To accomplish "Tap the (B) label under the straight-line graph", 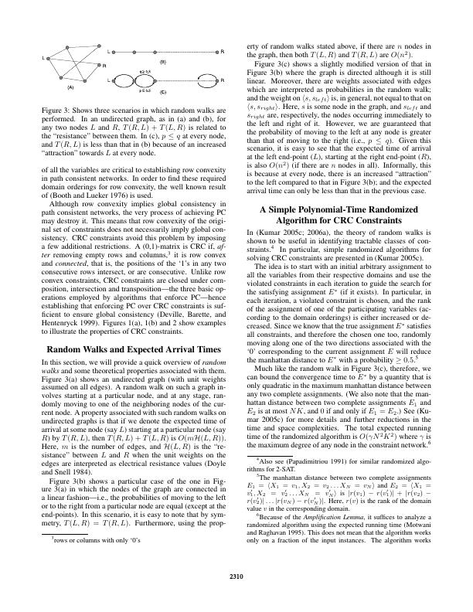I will pyautogui.click(x=163, y=60).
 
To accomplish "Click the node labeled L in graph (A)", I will pyautogui.click(x=47, y=58).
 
